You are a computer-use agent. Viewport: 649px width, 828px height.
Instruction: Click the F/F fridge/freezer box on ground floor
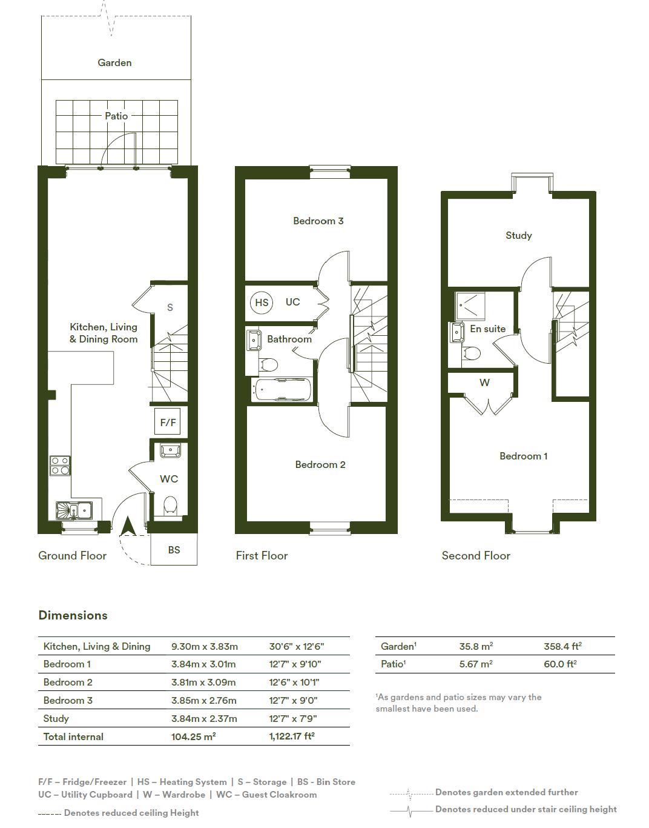pos(168,421)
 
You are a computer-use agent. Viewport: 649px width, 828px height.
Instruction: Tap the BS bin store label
pos(174,550)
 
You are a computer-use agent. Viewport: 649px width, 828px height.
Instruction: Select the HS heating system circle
pos(262,302)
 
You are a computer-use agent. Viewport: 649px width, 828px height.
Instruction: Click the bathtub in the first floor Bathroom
pos(282,389)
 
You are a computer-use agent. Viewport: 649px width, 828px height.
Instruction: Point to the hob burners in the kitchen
pos(60,466)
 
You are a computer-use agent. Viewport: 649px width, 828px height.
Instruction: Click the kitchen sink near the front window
pos(74,510)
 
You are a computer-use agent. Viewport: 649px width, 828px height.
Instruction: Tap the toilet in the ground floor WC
pos(170,506)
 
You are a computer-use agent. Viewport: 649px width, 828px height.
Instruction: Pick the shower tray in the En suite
pos(470,306)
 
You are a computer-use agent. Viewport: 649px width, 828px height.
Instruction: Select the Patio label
pos(116,116)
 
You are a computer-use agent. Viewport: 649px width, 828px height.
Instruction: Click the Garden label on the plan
pos(114,63)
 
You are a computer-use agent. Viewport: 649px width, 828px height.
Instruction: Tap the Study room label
pos(518,236)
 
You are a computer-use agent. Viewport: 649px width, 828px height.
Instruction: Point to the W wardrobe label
pos(484,382)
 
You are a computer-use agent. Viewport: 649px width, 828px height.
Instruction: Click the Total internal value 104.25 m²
pos(193,736)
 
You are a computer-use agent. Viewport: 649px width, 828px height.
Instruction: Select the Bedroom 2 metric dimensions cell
pos(203,682)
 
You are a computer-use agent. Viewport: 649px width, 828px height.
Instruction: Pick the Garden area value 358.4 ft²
pos(562,646)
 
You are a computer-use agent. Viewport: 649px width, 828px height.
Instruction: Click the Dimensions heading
pos(73,615)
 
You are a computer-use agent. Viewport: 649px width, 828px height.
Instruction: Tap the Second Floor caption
pos(476,556)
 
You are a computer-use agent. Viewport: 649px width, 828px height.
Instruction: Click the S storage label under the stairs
pos(170,307)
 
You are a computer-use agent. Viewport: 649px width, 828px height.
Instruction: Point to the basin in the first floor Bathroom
pos(254,340)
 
